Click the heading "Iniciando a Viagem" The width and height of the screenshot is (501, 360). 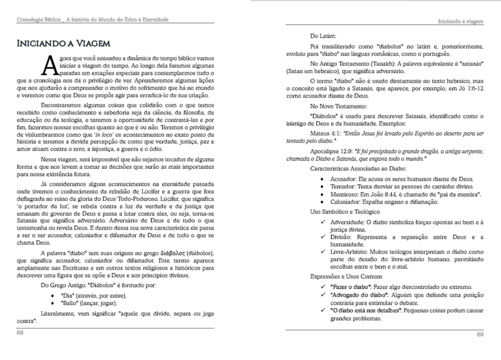pos(63,43)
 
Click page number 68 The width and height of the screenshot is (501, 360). pos(20,333)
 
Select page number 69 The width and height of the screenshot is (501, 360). pos(480,334)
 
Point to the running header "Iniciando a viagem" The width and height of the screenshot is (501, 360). pos(461,22)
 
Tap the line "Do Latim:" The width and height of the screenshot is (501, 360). pos(323,36)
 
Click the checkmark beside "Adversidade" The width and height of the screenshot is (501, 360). pos(323,222)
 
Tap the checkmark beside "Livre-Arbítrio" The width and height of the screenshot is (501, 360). pos(323,252)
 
